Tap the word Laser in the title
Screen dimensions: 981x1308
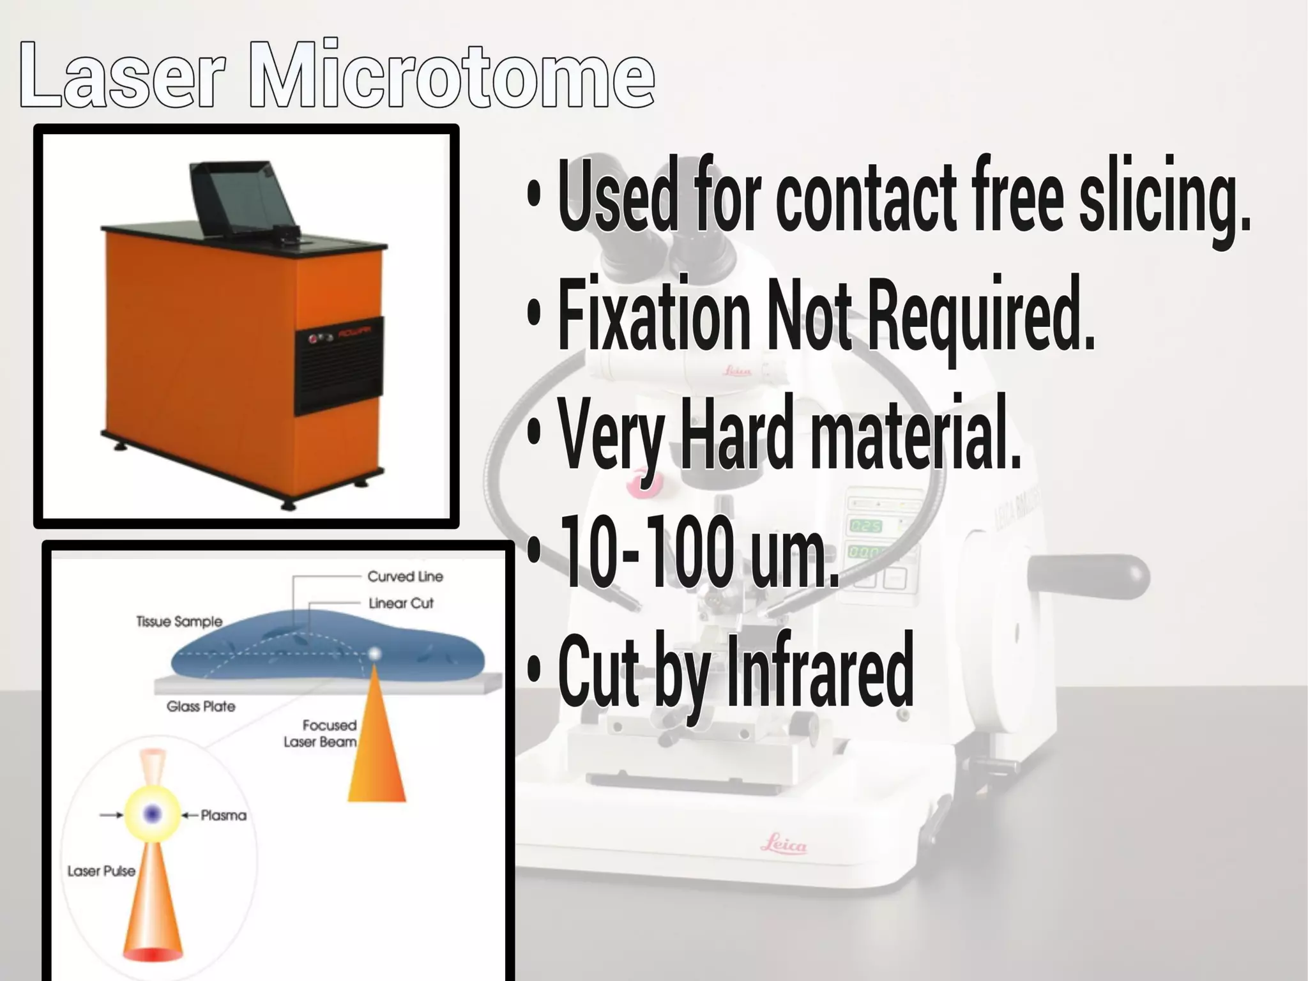(x=121, y=75)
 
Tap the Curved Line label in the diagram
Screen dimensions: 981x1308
(x=405, y=577)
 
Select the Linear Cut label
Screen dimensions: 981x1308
(x=401, y=604)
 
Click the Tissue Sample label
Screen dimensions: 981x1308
(x=179, y=621)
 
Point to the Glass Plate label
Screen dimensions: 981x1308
(x=201, y=706)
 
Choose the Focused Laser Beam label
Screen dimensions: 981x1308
(x=321, y=734)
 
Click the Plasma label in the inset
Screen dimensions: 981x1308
(x=223, y=816)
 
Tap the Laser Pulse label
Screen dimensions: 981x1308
(x=101, y=871)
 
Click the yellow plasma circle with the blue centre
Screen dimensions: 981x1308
(x=152, y=813)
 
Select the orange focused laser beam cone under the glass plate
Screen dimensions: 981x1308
(x=376, y=754)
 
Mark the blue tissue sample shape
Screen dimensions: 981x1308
(x=326, y=645)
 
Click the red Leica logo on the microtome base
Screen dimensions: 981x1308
(x=783, y=845)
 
